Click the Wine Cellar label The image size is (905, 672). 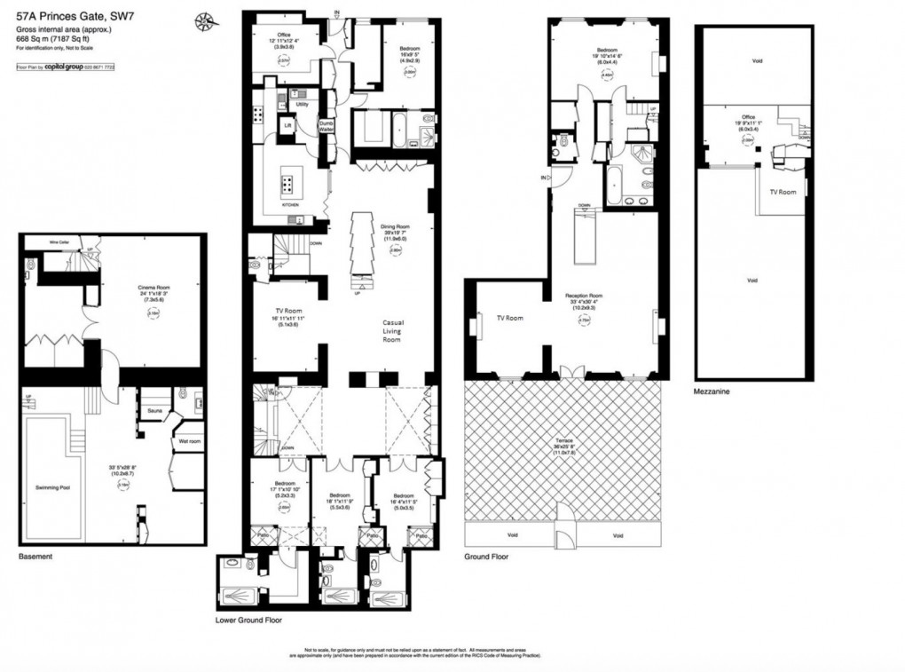(60, 241)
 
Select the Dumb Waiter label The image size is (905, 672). (327, 126)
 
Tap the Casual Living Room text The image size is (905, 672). (391, 331)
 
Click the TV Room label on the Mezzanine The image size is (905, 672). (782, 191)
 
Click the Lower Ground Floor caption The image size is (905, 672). (249, 621)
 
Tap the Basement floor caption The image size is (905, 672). (35, 557)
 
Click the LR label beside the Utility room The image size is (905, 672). (287, 126)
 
